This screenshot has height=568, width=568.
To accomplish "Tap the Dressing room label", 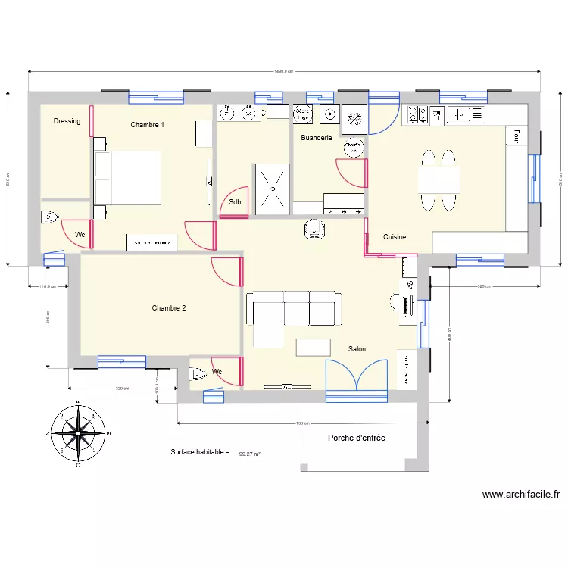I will (x=67, y=121).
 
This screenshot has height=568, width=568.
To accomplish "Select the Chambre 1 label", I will (x=147, y=124).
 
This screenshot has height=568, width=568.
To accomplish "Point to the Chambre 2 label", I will (x=168, y=308).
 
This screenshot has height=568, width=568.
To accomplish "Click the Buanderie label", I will (x=316, y=139).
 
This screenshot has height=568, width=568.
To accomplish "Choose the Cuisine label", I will (x=394, y=237).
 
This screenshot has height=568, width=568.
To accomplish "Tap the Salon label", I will (x=357, y=349).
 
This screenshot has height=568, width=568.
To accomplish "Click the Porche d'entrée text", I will (x=356, y=438).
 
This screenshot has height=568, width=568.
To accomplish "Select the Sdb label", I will (x=235, y=202).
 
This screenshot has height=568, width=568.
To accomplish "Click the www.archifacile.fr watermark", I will (x=521, y=495).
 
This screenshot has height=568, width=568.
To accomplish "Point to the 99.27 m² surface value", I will (x=249, y=454).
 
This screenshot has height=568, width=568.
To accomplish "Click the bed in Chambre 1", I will (x=127, y=178).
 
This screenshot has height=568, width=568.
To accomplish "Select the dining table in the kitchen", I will (x=438, y=180).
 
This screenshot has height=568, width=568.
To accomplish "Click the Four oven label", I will (x=517, y=136).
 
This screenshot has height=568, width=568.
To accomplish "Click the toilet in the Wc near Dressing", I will (x=50, y=217).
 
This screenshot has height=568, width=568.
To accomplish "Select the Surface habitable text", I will (x=199, y=452).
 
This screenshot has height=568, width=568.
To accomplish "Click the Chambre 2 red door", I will (x=228, y=271).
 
